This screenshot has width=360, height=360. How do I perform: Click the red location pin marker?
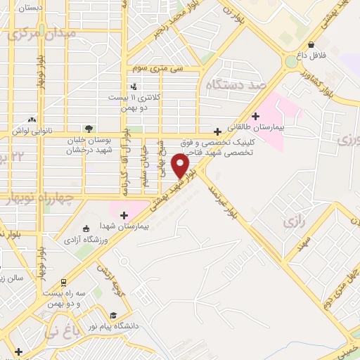181,165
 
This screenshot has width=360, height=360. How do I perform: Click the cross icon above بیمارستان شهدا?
124,214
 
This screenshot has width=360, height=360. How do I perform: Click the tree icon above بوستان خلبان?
89,129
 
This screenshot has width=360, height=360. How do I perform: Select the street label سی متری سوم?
162,68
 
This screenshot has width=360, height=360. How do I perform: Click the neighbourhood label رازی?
292,222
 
